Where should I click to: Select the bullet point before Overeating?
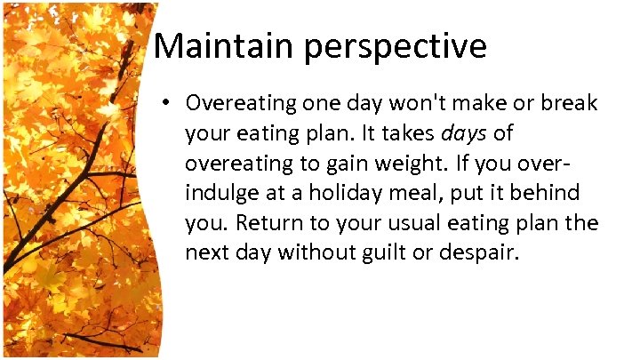(x=167, y=104)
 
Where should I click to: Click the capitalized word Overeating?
(x=239, y=103)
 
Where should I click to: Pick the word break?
(x=570, y=102)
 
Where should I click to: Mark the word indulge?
(x=218, y=193)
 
